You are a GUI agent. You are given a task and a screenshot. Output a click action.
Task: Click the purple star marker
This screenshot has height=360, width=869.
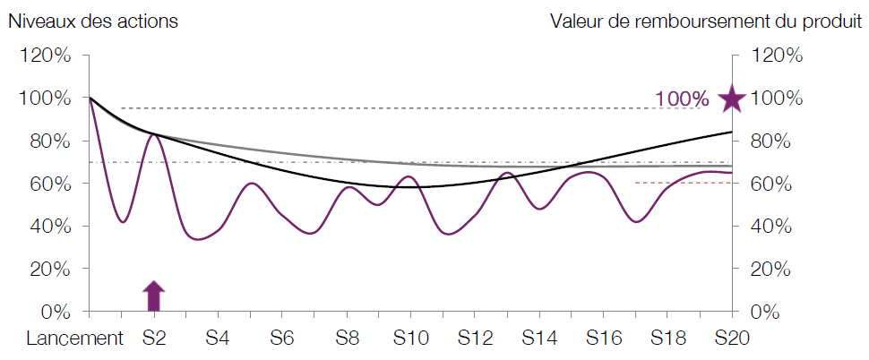click(x=732, y=99)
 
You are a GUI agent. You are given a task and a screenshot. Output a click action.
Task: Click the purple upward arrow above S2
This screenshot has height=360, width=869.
click(x=154, y=295)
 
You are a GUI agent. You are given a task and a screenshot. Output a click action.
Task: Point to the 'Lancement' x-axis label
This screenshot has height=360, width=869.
click(x=73, y=339)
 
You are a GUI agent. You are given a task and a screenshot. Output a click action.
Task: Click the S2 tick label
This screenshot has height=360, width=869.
click(x=154, y=339)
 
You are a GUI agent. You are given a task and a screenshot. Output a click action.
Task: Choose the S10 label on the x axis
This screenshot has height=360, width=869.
click(x=410, y=339)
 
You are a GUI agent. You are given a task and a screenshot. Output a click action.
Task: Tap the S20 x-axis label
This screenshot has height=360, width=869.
click(x=732, y=339)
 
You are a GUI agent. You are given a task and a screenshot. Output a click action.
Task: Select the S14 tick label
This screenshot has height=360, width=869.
click(x=538, y=339)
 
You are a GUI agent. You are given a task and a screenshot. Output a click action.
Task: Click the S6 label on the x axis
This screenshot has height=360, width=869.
click(x=282, y=339)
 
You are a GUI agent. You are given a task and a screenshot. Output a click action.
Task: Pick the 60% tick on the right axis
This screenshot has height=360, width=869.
click(x=777, y=184)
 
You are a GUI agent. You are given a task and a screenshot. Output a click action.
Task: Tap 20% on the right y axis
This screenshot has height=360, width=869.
click(x=777, y=269)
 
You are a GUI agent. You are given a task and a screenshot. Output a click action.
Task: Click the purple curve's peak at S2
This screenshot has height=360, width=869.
click(x=154, y=134)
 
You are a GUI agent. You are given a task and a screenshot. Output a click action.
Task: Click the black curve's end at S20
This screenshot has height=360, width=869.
click(x=731, y=133)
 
